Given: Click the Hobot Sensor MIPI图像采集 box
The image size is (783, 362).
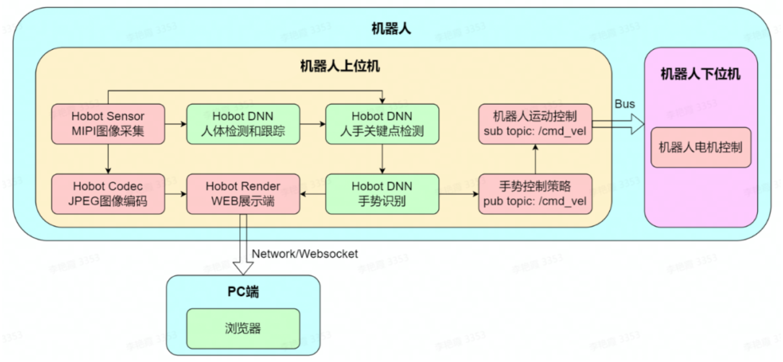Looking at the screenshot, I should (x=108, y=124).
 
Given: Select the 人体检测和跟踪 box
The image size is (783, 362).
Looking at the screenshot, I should (x=243, y=124).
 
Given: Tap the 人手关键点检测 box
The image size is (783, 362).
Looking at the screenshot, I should (x=382, y=124).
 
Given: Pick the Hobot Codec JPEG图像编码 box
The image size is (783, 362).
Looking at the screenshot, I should (x=108, y=194).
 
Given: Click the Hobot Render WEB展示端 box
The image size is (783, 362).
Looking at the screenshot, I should (x=243, y=194).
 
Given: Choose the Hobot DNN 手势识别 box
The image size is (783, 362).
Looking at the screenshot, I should (x=382, y=194).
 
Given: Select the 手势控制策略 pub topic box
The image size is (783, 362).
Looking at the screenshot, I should (x=535, y=194).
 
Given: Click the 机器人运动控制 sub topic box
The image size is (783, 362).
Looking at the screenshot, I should (x=535, y=124).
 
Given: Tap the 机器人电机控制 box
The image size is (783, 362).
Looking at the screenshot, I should (x=700, y=147).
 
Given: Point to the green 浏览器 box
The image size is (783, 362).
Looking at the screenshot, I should (x=243, y=329).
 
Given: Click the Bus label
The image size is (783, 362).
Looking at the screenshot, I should (x=625, y=104).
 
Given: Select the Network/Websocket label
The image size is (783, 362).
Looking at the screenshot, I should (x=305, y=254).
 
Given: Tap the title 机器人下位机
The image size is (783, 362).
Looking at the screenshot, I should (x=700, y=74).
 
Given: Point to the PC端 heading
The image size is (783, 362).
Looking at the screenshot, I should (x=243, y=292).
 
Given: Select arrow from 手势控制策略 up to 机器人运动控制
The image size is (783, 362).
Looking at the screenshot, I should (x=535, y=159).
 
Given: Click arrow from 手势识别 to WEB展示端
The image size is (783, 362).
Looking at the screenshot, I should (x=313, y=194).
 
